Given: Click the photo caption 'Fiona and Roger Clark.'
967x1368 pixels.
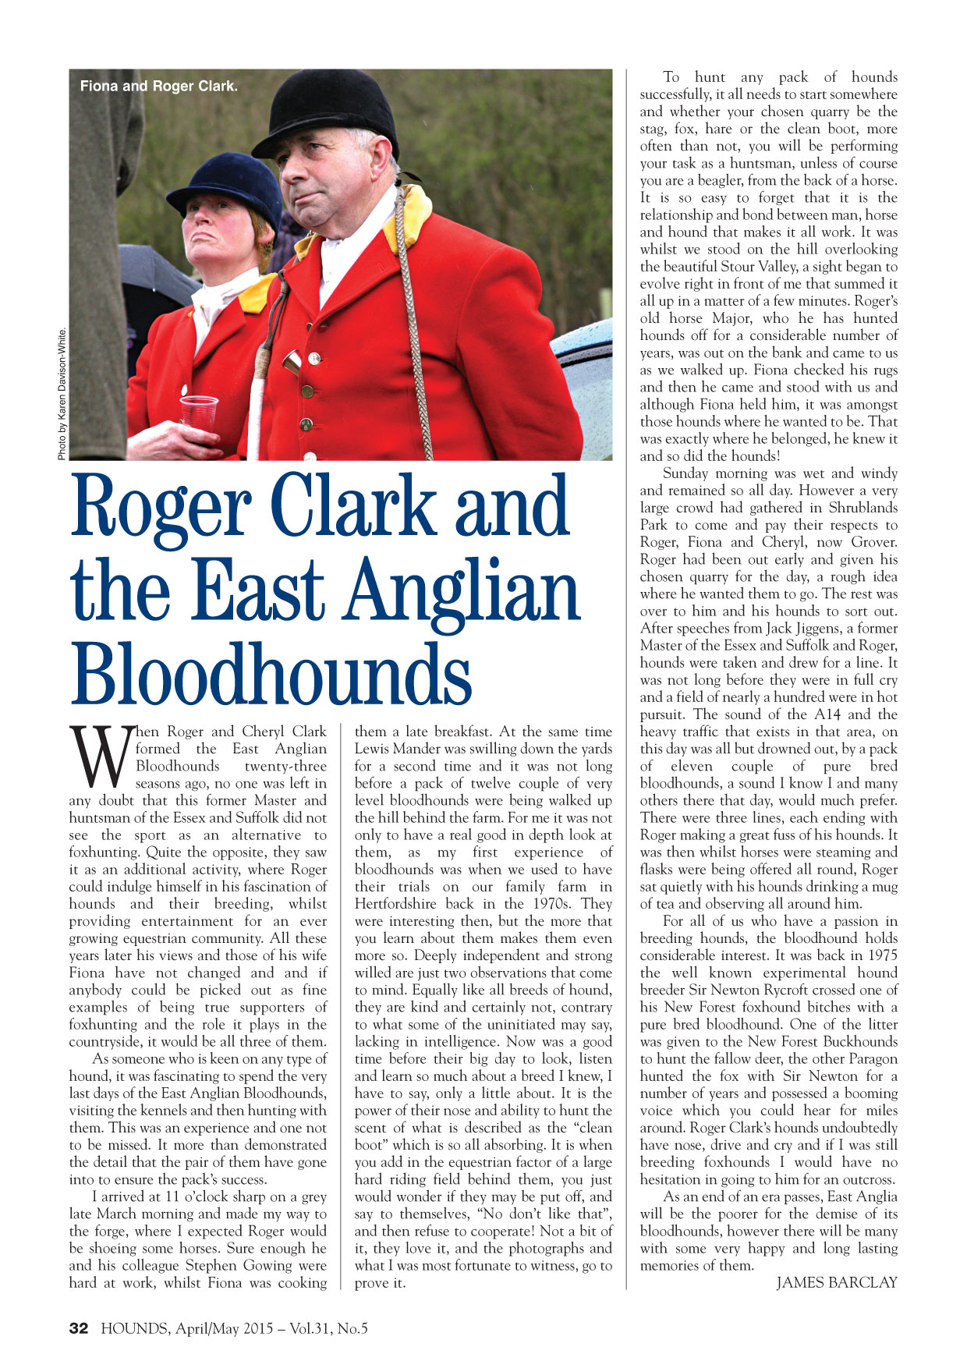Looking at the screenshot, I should pyautogui.click(x=158, y=87).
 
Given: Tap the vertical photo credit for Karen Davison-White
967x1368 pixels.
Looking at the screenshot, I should pyautogui.click(x=62, y=393).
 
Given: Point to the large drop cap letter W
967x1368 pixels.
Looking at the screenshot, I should pyautogui.click(x=101, y=757).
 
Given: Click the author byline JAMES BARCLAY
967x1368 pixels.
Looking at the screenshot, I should pyautogui.click(x=836, y=1282).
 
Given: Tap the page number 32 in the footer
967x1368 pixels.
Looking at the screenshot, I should pyautogui.click(x=80, y=1328).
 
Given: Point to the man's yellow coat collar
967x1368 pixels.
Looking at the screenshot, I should pyautogui.click(x=411, y=218).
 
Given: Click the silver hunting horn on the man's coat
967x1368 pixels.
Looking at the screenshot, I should pyautogui.click(x=293, y=362).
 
